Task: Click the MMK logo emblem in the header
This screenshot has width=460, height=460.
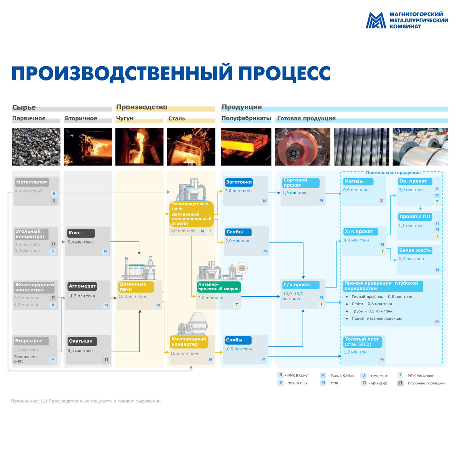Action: click(x=375, y=20)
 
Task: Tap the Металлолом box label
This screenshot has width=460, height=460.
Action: click(x=32, y=182)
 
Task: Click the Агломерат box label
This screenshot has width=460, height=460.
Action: click(x=82, y=286)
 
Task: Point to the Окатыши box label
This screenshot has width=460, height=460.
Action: click(x=80, y=341)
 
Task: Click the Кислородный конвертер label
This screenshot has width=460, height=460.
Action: click(x=189, y=342)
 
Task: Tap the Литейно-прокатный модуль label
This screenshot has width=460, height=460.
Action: click(x=219, y=287)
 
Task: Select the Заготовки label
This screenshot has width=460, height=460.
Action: click(x=239, y=182)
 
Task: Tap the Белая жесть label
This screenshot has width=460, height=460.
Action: click(x=415, y=250)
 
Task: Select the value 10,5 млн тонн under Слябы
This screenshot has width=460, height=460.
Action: click(x=238, y=349)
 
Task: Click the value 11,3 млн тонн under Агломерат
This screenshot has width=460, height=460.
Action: click(x=81, y=296)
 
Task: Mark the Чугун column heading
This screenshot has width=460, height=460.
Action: click(x=125, y=118)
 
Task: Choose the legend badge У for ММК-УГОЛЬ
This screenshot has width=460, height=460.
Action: click(x=281, y=383)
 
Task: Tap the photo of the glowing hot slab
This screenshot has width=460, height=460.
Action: click(x=246, y=147)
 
